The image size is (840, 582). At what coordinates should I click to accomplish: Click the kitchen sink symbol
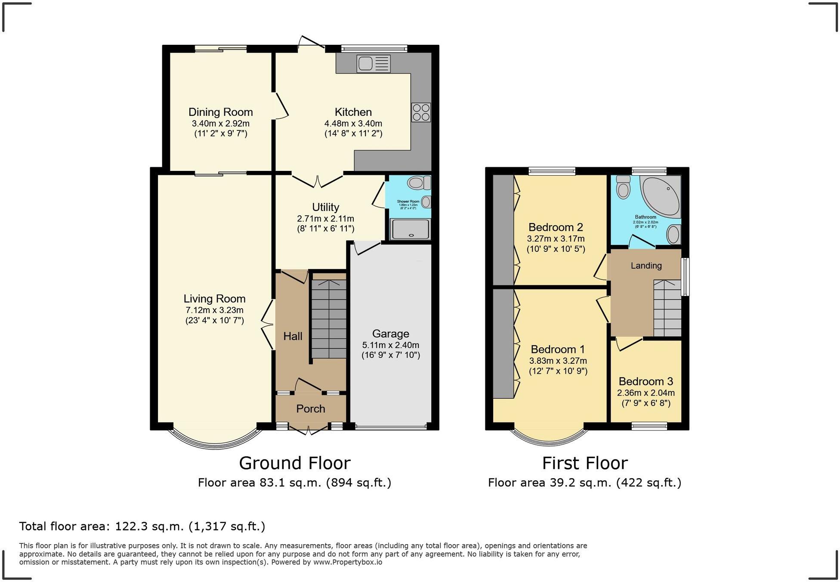(x=373, y=64)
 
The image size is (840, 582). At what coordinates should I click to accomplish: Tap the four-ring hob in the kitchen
(x=420, y=112)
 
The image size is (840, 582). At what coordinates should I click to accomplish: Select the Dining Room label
(x=220, y=112)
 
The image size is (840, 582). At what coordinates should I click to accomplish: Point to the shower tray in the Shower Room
(x=410, y=229)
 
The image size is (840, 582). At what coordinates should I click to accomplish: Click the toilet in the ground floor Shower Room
(x=418, y=183)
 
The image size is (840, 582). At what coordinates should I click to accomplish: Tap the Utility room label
(x=325, y=207)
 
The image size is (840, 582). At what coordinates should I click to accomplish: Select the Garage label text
(x=390, y=334)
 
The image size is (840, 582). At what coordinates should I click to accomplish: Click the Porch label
(x=310, y=409)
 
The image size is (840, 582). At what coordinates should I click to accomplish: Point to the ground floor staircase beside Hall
(x=329, y=319)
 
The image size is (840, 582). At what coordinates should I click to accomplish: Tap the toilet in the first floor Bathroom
(x=623, y=187)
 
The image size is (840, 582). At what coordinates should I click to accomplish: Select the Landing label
(x=646, y=266)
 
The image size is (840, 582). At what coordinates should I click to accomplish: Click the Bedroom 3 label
(x=645, y=381)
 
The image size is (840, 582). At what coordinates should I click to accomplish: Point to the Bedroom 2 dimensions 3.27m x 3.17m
(x=556, y=238)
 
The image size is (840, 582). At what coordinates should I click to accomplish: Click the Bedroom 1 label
(x=558, y=349)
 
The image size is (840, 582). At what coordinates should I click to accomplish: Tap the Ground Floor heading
(x=294, y=463)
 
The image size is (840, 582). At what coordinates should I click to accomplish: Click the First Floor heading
(x=584, y=463)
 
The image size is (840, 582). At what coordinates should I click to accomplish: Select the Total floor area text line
(x=142, y=526)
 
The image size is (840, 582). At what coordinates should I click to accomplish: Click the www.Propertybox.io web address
(x=347, y=562)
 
